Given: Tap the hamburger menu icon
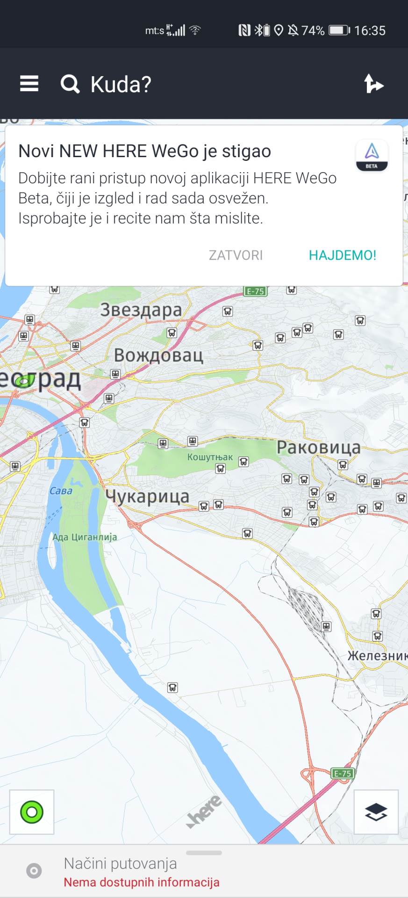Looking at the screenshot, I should click(x=29, y=84).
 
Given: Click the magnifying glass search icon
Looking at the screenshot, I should click(x=70, y=84).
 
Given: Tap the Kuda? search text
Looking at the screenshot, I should click(x=121, y=85).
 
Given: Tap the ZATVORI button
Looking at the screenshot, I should click(x=236, y=255).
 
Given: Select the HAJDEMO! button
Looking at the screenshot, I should click(x=342, y=255).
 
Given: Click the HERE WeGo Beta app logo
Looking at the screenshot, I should click(x=372, y=156).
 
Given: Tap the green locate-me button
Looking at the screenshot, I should click(x=32, y=811).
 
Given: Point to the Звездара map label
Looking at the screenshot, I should click(x=141, y=310).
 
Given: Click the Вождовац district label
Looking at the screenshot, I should click(x=158, y=355).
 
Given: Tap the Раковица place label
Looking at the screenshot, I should click(x=318, y=448).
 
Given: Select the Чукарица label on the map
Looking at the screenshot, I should click(x=147, y=496).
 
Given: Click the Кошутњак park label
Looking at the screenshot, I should click(x=210, y=457).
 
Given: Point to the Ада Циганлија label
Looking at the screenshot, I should click(x=85, y=537).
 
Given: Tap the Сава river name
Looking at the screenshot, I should click(x=61, y=491).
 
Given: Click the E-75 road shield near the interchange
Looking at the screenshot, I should click(x=342, y=774).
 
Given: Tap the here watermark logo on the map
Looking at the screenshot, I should click(x=205, y=811).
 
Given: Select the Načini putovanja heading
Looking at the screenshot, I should click(x=120, y=863).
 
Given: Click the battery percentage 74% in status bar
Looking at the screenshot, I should click(x=313, y=31).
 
